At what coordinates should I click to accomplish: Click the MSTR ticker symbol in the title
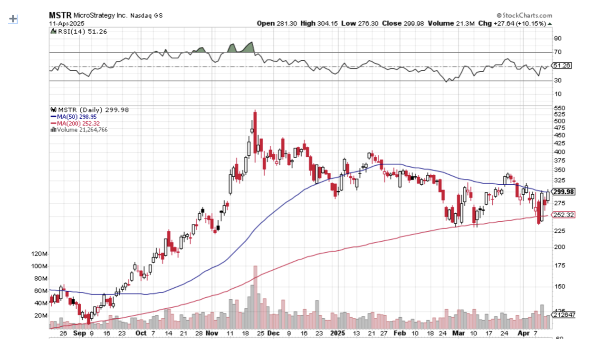pos(59,15)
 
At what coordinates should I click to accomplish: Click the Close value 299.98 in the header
pos(414,23)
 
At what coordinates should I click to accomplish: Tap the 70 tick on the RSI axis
pos(557,52)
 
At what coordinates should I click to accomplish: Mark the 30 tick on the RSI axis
pos(557,80)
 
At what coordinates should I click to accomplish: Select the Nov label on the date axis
pos(211,333)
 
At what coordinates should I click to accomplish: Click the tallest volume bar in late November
pos(255,297)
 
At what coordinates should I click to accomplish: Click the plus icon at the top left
pos(13,19)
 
